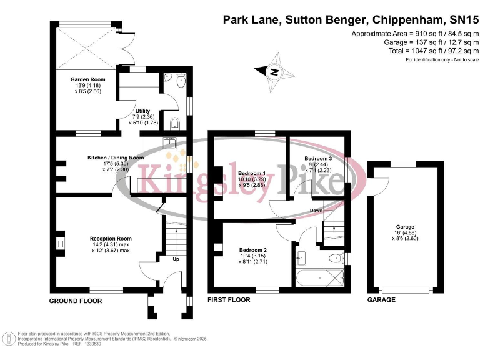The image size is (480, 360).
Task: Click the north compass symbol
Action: pyautogui.click(x=273, y=72)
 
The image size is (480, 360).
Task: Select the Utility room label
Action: pyautogui.click(x=142, y=111)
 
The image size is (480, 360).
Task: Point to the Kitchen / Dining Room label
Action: pyautogui.click(x=116, y=157)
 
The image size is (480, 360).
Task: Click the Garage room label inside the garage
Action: pyautogui.click(x=405, y=227)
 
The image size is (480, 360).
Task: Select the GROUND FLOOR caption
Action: pyautogui.click(x=76, y=301)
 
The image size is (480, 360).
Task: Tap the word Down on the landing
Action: pyautogui.click(x=316, y=211)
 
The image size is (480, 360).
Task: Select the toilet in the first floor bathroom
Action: pyautogui.click(x=336, y=257)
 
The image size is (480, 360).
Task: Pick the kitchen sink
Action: pyautogui.click(x=170, y=142)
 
